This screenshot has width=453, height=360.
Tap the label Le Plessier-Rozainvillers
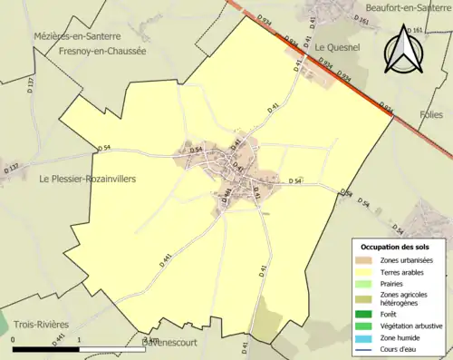click(x=88, y=180)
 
